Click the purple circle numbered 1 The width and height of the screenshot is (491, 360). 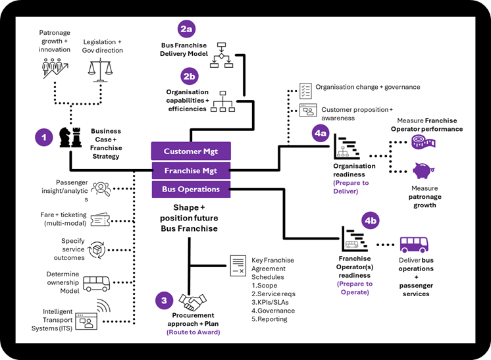click(x=43, y=138)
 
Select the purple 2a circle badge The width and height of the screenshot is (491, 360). click(x=186, y=29)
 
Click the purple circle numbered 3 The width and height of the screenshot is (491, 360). click(x=165, y=301)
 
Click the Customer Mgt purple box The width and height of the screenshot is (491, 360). click(x=191, y=151)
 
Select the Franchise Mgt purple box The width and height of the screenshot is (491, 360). click(x=191, y=170)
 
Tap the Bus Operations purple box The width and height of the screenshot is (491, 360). click(x=191, y=190)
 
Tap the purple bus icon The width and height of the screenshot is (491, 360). click(x=414, y=245)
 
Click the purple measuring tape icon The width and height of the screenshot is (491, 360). click(x=422, y=141)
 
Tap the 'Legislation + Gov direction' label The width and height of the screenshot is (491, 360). click(x=102, y=45)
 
